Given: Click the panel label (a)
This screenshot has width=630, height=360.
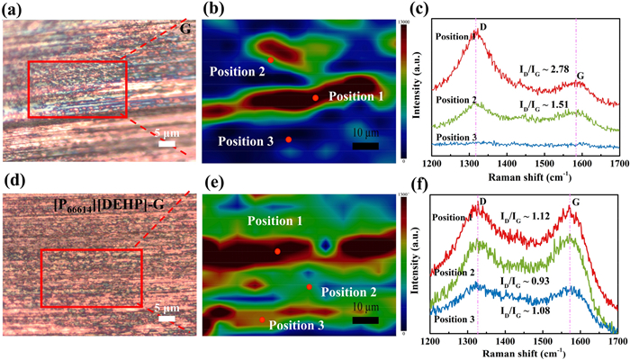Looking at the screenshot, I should (16, 10).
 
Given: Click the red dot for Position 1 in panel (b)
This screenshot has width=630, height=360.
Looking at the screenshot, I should (315, 97).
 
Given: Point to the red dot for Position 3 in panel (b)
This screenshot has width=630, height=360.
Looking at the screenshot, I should (288, 139).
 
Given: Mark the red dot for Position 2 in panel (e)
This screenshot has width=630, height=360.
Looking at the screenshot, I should (310, 287).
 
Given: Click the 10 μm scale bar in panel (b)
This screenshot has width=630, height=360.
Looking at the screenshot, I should (364, 146).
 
